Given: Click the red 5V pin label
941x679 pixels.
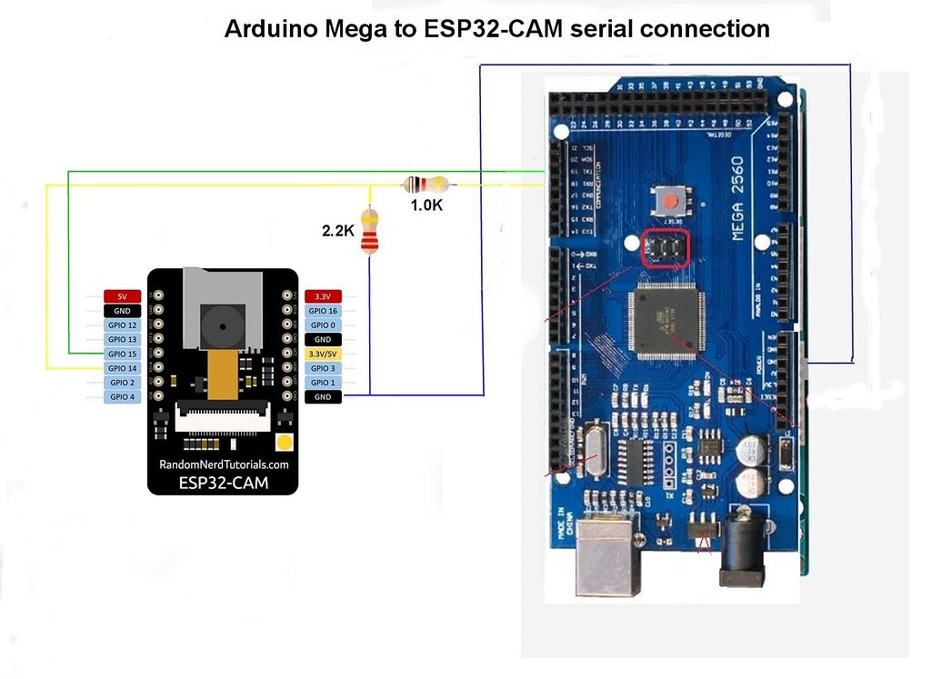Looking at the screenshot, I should (122, 296).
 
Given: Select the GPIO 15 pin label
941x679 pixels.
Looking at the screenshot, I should (122, 354).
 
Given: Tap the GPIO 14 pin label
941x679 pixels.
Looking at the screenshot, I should (122, 368).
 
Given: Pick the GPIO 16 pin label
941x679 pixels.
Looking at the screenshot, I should (323, 311).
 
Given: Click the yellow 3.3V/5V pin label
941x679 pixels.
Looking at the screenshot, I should (323, 354).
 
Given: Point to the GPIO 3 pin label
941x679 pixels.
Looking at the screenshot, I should (323, 368).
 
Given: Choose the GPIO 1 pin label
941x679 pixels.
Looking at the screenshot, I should (323, 383).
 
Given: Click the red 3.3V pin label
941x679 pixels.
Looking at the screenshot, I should (323, 296).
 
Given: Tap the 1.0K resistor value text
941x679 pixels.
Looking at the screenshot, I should (425, 205).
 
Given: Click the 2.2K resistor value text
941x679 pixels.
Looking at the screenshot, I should (338, 231).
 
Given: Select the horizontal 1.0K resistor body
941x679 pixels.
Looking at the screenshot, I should (425, 185).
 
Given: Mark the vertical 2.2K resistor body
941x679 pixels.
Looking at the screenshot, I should (369, 232).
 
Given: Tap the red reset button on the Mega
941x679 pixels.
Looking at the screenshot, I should (671, 199).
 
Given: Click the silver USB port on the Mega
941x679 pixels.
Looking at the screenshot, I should (609, 554).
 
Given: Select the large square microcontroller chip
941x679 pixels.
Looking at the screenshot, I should (670, 321).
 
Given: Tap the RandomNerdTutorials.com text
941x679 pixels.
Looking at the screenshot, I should (224, 464).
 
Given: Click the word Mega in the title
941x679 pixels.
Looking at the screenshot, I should (340, 29).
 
